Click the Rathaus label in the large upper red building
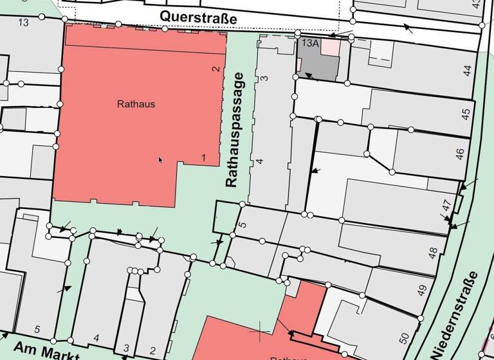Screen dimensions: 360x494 click(x=136, y=104)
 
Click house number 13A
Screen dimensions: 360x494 click(x=310, y=43)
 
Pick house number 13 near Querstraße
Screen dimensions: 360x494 click(x=24, y=23)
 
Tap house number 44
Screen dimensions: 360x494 click(x=467, y=70)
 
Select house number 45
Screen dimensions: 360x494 click(x=466, y=114)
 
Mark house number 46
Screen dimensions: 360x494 click(x=459, y=154)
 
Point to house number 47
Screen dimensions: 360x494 click(x=446, y=206)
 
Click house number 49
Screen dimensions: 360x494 click(x=422, y=291)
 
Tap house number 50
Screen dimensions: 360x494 click(x=404, y=337)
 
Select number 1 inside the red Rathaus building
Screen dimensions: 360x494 click(x=203, y=157)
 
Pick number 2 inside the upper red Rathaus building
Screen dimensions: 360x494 click(x=216, y=69)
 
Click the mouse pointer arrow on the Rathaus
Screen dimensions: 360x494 click(x=160, y=159)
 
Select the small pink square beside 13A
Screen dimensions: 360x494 click(x=329, y=46)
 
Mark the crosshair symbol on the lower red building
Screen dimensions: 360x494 click(x=260, y=331)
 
